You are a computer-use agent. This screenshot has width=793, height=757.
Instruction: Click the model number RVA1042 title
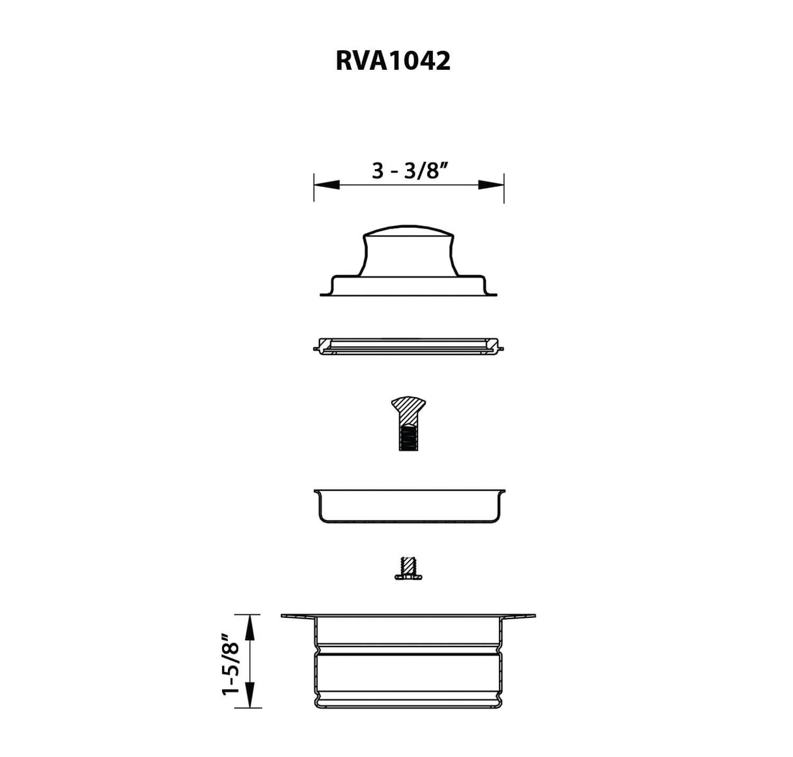[393, 61]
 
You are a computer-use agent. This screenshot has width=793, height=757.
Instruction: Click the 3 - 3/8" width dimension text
[409, 170]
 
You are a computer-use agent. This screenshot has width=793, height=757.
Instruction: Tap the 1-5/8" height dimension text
[231, 664]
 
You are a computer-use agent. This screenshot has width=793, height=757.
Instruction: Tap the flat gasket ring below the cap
[409, 346]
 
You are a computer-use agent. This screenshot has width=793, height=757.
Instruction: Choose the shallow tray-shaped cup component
[410, 506]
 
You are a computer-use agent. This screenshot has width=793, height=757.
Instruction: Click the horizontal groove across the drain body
[410, 652]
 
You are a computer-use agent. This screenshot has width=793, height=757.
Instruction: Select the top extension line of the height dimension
[248, 615]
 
